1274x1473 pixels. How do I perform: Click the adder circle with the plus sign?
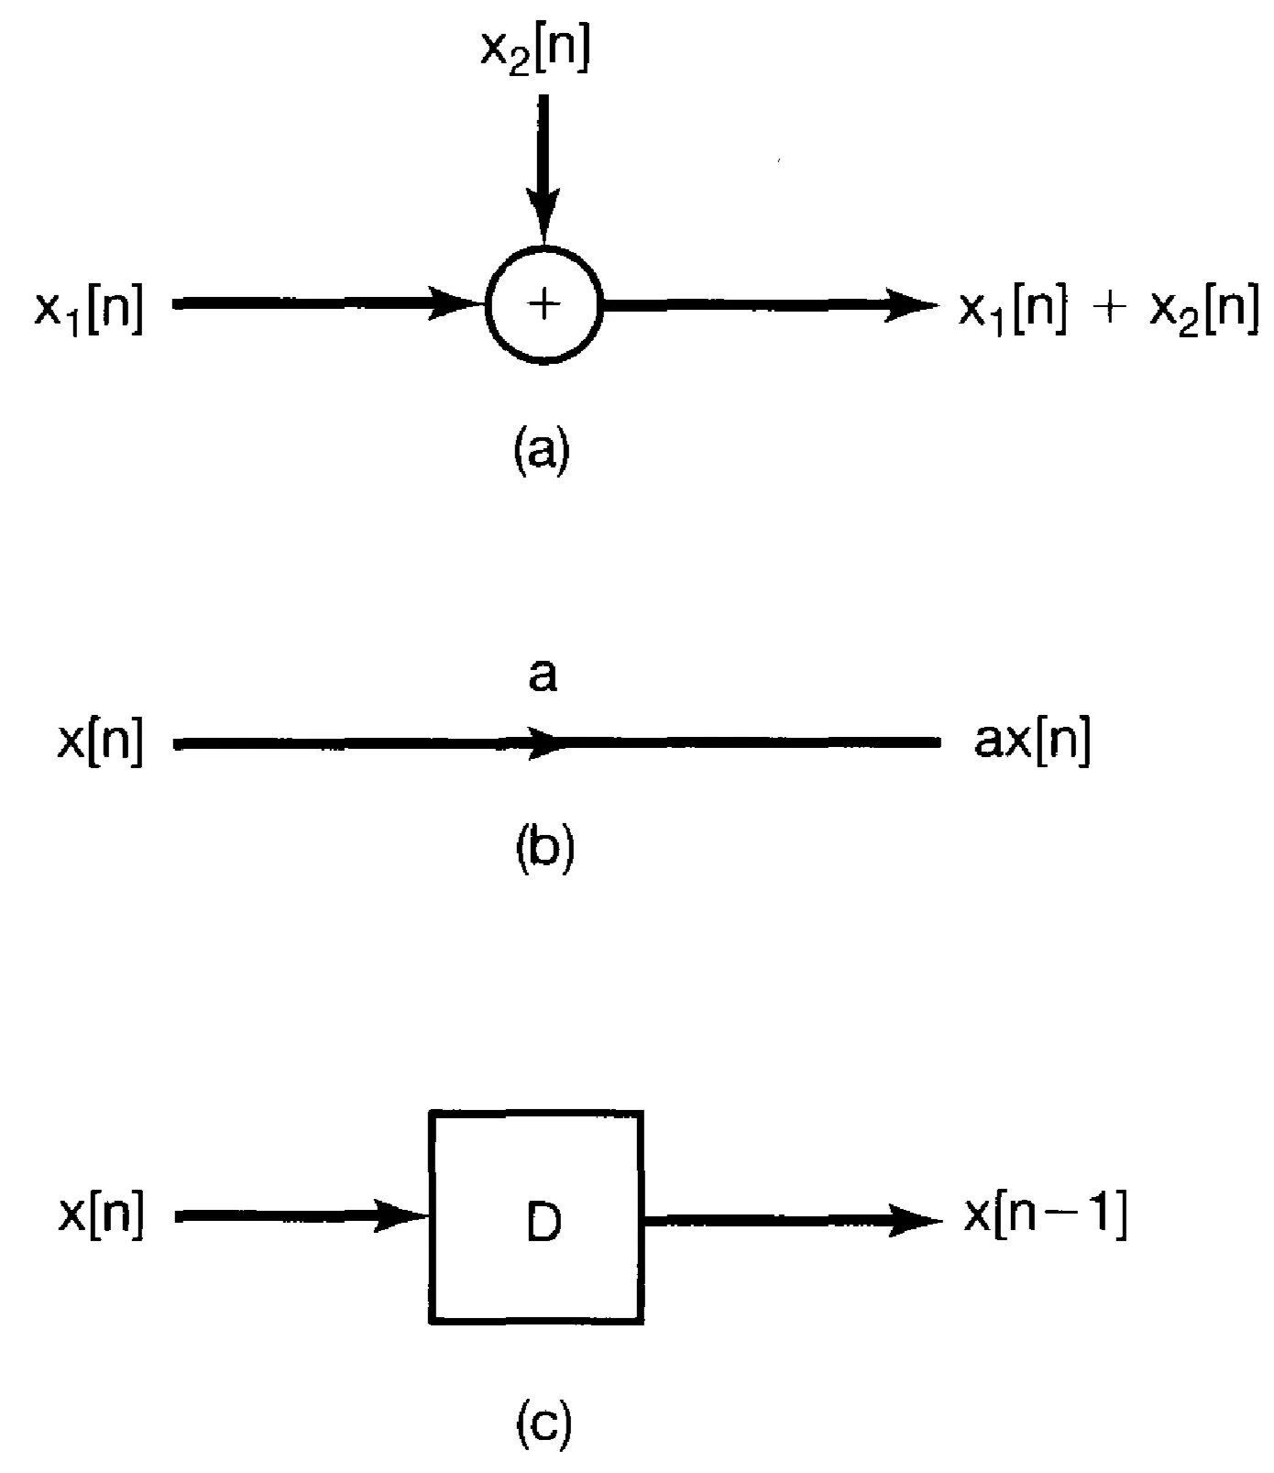click(544, 304)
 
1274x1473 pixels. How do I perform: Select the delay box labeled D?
click(536, 1216)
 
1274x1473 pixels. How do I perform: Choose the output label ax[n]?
click(1032, 744)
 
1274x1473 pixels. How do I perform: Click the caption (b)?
click(544, 848)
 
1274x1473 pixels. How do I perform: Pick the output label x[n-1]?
click(1045, 1217)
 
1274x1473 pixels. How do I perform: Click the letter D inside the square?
click(544, 1222)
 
